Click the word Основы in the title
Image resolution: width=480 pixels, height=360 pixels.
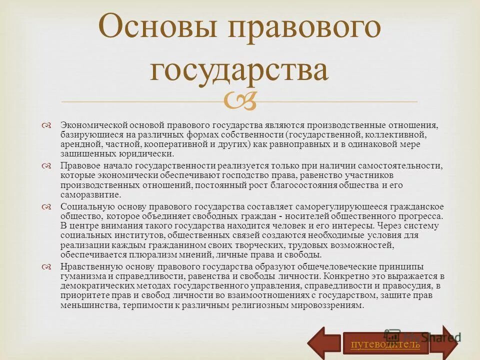coord(157,28)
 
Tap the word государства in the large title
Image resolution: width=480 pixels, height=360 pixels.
coord(239,69)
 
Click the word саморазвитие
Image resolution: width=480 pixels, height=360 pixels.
coord(90,195)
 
